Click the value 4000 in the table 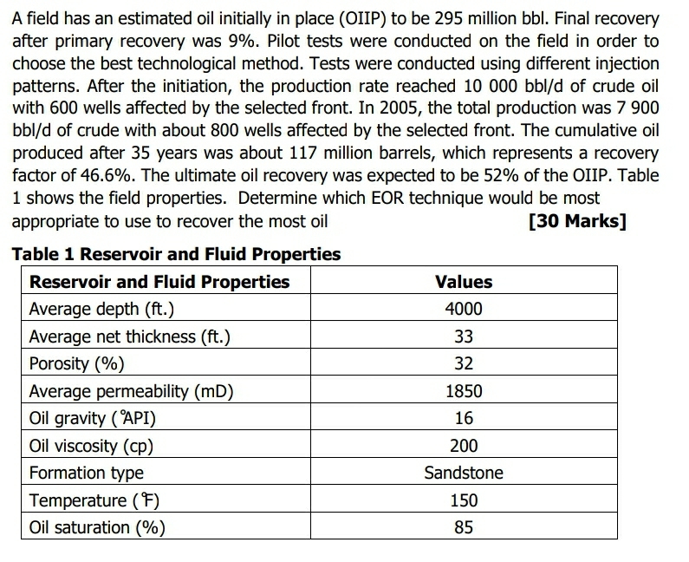[464, 310]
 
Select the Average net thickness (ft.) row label [130, 337]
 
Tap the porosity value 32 [464, 363]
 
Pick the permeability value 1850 [464, 391]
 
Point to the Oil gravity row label [93, 418]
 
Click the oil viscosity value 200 [464, 446]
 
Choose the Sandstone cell [464, 473]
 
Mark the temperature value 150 [464, 500]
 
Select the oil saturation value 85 [464, 527]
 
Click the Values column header [464, 282]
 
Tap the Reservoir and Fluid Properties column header [159, 282]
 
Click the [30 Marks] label [576, 220]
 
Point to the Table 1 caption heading [176, 254]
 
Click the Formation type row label [87, 473]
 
